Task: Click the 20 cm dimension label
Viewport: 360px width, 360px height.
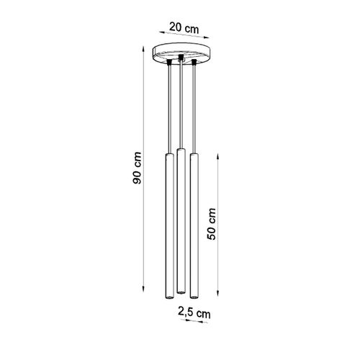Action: [x=184, y=29]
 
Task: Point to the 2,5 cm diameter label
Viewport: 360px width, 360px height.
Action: [x=194, y=313]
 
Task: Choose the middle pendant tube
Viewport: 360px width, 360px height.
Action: [x=181, y=219]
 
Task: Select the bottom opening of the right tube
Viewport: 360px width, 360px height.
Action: [x=194, y=296]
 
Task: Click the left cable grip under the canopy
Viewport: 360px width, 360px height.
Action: [x=169, y=63]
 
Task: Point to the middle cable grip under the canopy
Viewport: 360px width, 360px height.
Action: [x=181, y=58]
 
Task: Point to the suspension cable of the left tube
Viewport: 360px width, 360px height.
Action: [x=169, y=108]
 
